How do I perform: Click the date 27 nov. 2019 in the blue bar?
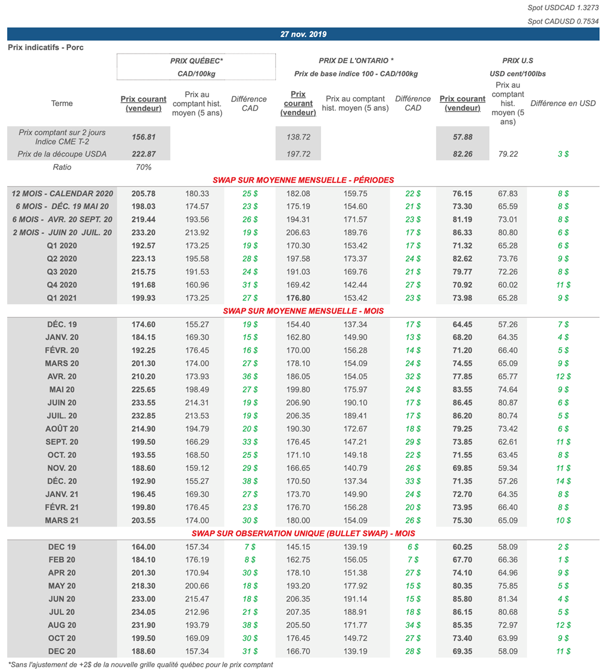(x=303, y=35)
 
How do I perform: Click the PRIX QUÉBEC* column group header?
(x=197, y=61)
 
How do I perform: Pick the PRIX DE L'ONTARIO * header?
(x=356, y=61)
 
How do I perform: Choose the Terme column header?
(x=62, y=103)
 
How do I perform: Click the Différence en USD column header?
(x=562, y=103)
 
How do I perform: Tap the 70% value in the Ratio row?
(x=143, y=168)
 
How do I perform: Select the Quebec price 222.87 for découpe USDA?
(x=143, y=154)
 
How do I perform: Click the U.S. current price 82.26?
(x=462, y=154)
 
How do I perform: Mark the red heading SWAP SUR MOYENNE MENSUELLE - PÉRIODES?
(x=303, y=180)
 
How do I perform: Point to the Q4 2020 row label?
(x=62, y=284)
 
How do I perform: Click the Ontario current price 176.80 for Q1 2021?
(x=298, y=298)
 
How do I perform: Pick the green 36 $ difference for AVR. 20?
(x=250, y=376)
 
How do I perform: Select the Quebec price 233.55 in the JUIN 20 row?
(x=143, y=402)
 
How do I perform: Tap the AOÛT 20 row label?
(x=62, y=429)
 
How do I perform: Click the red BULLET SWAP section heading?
(x=303, y=534)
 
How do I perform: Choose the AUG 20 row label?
(x=62, y=625)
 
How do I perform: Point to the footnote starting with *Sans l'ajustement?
(x=141, y=664)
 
